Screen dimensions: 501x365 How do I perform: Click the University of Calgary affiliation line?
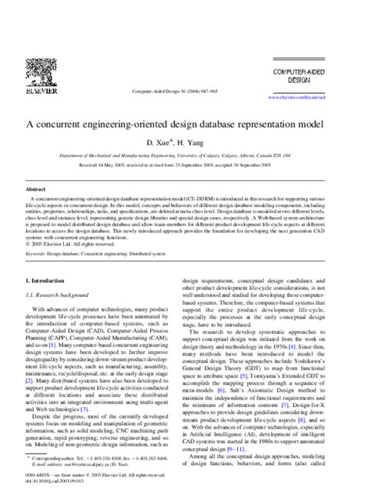[x=182, y=155]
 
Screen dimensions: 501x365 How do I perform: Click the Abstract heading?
[x=35, y=189]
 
